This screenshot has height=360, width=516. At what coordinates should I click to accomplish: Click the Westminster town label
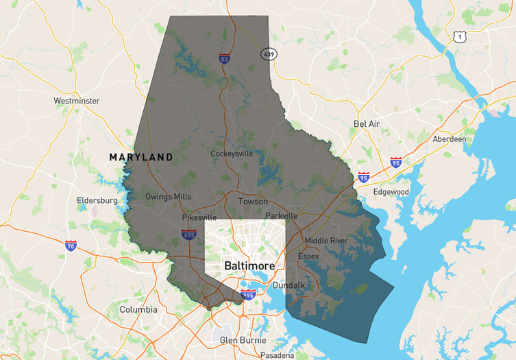coord(76,101)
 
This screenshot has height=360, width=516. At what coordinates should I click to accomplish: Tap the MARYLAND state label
coord(141,157)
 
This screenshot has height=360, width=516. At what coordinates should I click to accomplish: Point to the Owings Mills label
coord(168,196)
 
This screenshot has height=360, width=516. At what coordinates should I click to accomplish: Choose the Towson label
coord(253,202)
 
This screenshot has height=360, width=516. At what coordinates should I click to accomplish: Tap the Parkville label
coord(281,215)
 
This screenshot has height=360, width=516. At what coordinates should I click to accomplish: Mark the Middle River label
coord(325,241)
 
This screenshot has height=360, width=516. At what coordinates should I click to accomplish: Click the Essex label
coord(308,256)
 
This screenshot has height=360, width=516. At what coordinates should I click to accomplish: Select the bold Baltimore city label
coord(249,265)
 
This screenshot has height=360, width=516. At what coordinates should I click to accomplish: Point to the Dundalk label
coord(288,285)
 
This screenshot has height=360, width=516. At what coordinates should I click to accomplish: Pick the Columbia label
coord(138,309)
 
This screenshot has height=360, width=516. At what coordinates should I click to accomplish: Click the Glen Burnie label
coord(242,339)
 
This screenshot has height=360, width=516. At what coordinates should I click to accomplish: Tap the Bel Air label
coord(367,123)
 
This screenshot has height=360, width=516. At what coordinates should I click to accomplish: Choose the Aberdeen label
coord(450,139)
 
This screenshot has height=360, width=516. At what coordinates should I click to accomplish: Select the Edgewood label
coord(391,192)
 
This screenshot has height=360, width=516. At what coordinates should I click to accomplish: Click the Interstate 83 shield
coord(224,59)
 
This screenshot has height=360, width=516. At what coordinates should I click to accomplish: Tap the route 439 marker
coord(268,53)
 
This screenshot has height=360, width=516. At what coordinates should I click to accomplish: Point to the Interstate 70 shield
coord(71,245)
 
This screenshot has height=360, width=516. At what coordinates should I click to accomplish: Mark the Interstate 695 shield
coord(189,235)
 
